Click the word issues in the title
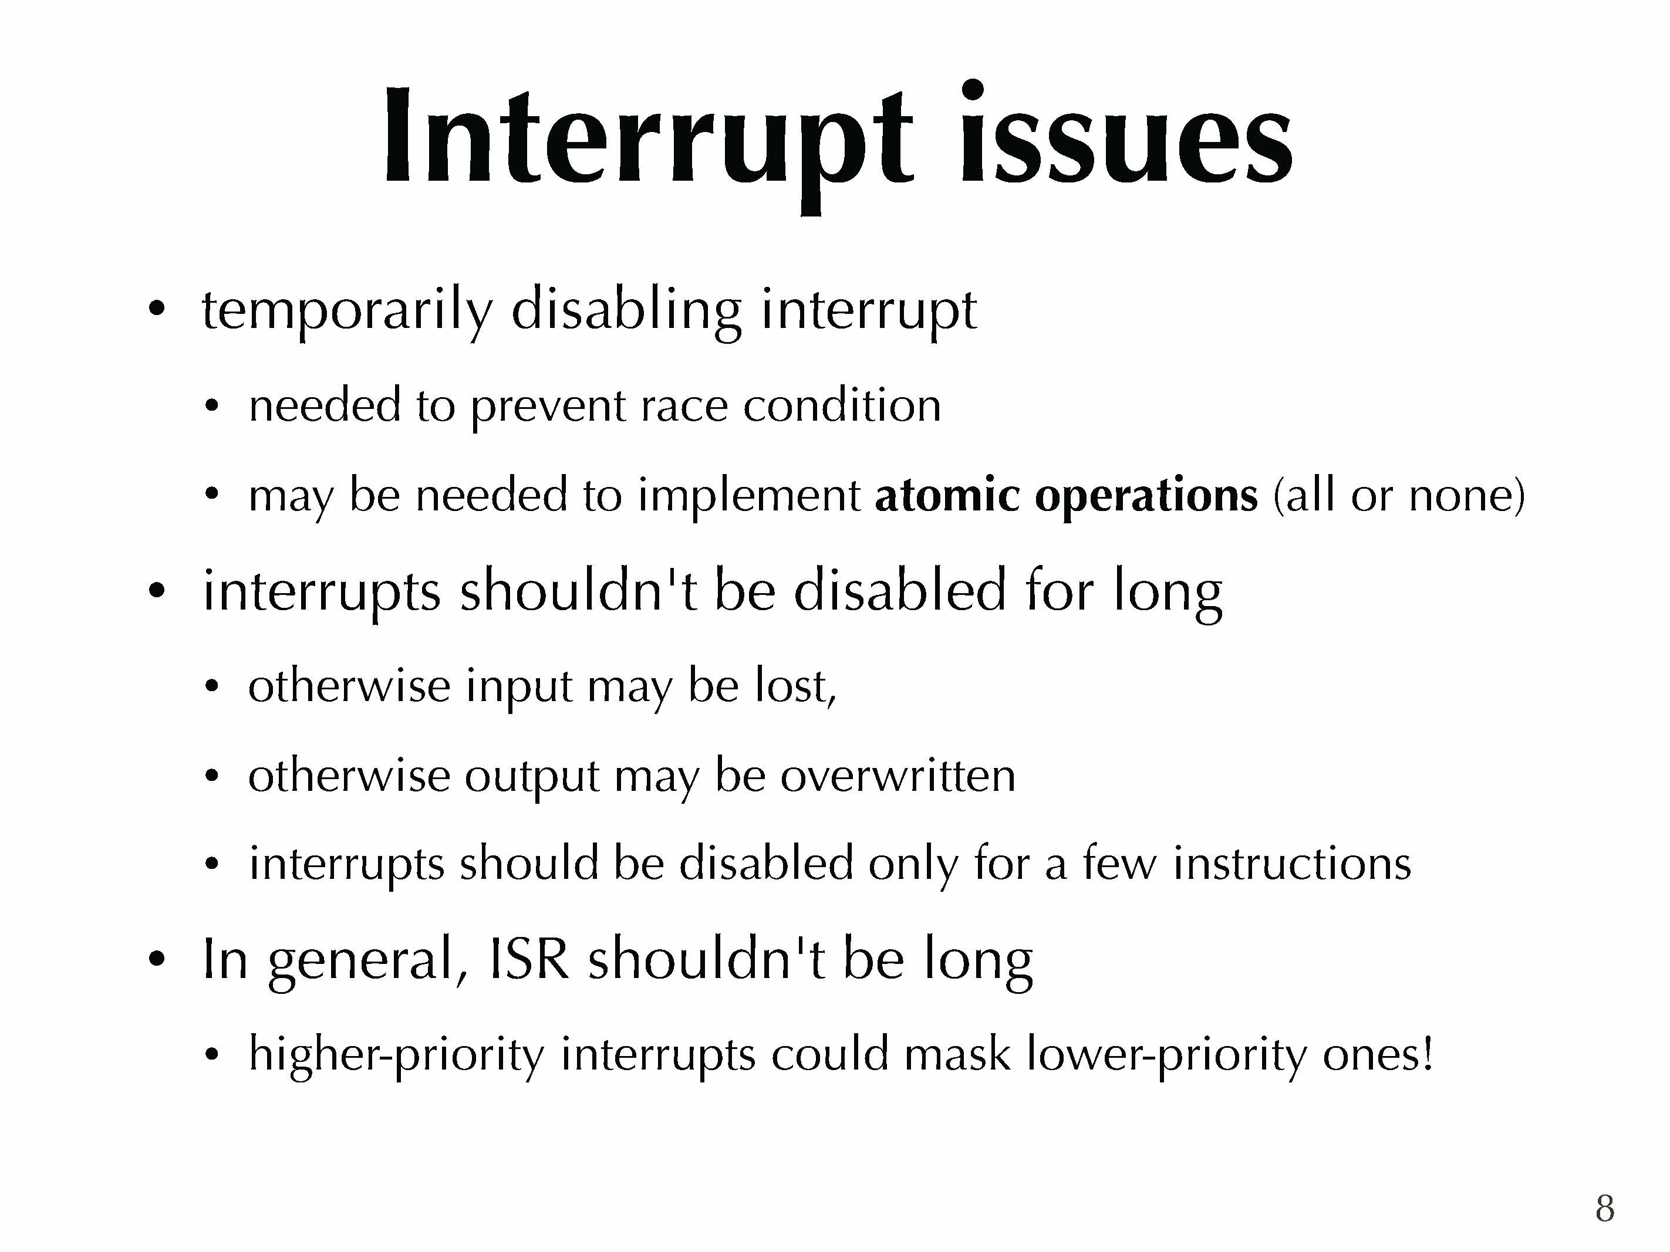point(1126,134)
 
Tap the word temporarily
point(346,310)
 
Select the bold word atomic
point(947,495)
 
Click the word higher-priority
point(396,1055)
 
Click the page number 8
point(1605,1207)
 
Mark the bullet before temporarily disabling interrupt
point(156,309)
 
